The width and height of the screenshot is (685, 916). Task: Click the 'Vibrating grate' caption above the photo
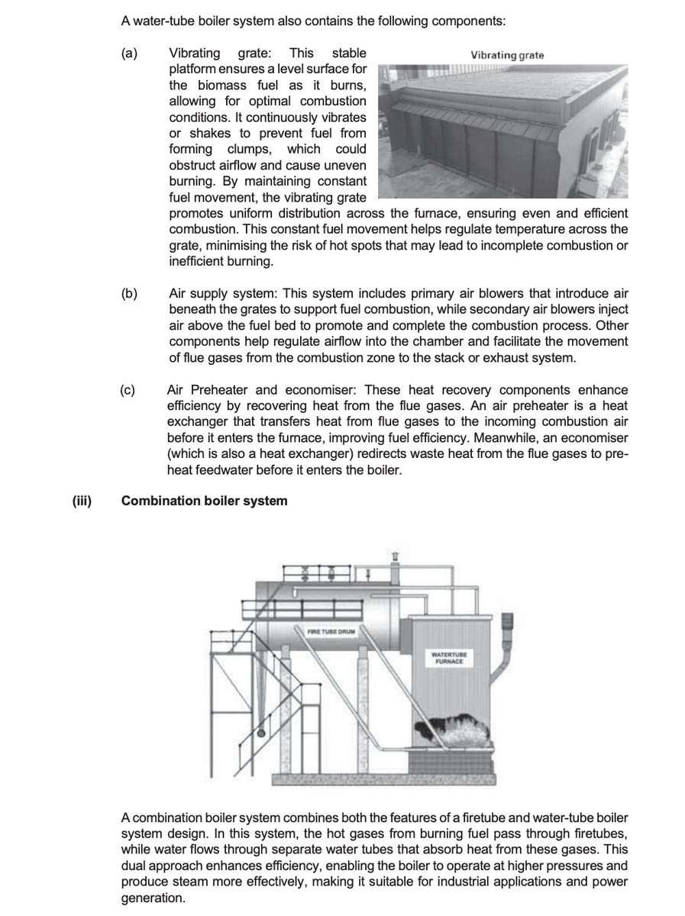point(507,55)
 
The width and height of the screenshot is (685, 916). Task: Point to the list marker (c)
point(128,389)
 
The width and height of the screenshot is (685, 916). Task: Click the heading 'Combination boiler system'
point(205,501)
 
